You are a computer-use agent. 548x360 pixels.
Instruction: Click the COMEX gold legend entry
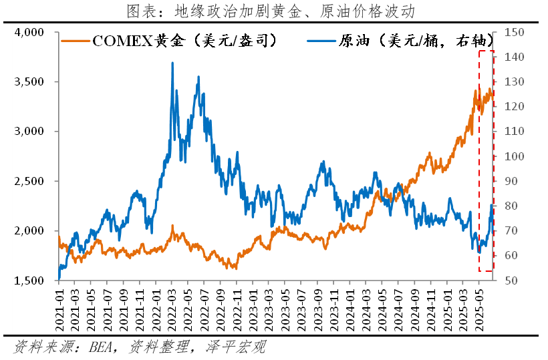170,41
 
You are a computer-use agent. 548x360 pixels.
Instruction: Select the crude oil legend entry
401,41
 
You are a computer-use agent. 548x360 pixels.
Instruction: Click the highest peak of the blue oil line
172,63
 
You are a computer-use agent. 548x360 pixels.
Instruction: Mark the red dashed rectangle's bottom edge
486,271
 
